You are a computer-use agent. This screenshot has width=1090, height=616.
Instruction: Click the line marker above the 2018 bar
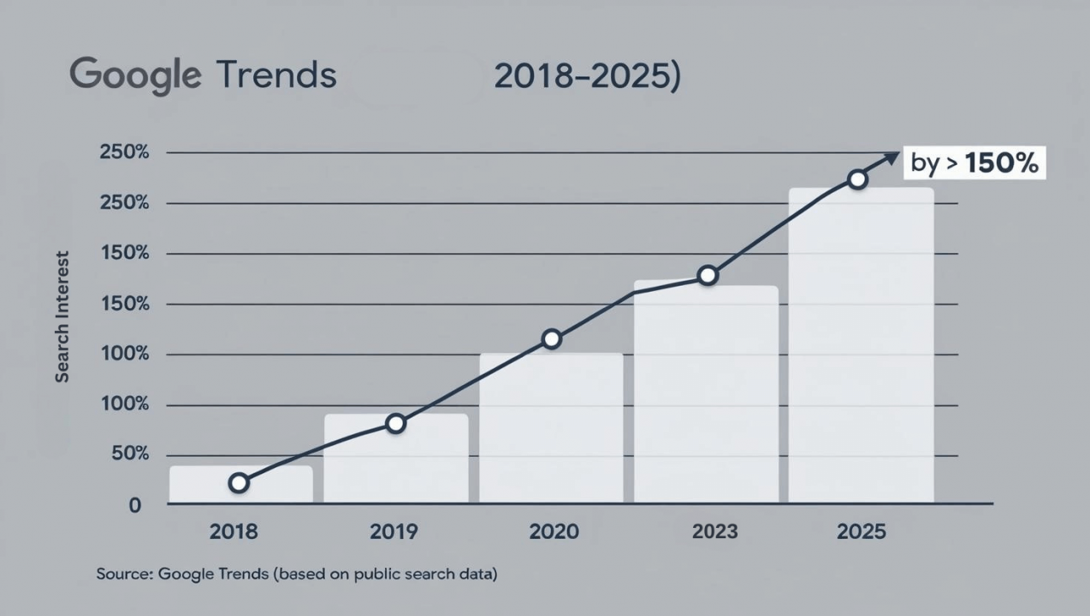click(239, 483)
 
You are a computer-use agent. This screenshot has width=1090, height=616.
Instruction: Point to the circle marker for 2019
click(395, 423)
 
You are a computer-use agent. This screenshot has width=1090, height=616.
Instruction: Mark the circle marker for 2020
click(552, 339)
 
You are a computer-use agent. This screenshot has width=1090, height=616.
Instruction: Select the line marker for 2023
click(708, 275)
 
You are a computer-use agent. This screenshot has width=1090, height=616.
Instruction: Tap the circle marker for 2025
click(857, 179)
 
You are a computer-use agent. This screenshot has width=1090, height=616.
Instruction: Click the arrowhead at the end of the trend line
click(892, 157)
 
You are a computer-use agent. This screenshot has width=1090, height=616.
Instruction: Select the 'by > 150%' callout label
click(974, 163)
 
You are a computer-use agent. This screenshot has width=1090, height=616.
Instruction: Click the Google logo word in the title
click(134, 76)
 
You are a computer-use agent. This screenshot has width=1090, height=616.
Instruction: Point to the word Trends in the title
click(275, 76)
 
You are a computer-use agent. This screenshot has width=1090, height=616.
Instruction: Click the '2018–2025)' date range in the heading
click(588, 76)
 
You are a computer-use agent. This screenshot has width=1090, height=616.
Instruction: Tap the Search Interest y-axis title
click(62, 317)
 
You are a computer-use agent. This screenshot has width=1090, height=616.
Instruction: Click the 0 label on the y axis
click(134, 506)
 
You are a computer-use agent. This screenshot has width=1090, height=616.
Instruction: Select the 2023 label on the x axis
click(715, 531)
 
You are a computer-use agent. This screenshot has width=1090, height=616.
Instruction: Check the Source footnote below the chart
click(296, 574)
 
